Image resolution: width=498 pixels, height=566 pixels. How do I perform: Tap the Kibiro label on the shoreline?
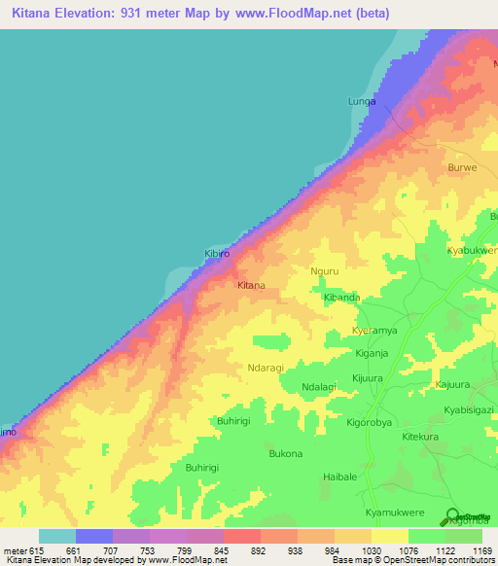pyautogui.click(x=217, y=254)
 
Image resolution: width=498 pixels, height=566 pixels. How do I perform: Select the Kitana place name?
pyautogui.click(x=252, y=286)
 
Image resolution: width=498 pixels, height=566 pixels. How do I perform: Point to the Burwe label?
pyautogui.click(x=462, y=167)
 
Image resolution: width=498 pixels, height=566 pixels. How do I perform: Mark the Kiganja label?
pyautogui.click(x=372, y=353)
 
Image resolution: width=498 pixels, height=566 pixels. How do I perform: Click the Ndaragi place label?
pyautogui.click(x=267, y=368)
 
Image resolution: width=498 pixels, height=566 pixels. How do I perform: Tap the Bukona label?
pyautogui.click(x=285, y=454)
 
